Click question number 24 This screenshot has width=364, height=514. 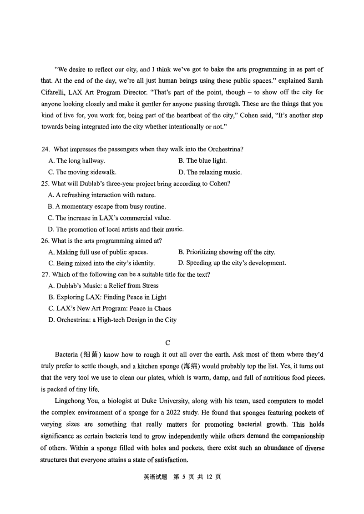click(45, 149)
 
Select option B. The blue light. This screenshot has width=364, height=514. click(202, 160)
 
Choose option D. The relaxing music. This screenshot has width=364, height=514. click(210, 172)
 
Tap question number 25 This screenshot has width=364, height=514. click(45, 184)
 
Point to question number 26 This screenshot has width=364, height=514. click(45, 240)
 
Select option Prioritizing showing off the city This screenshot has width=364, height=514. click(227, 252)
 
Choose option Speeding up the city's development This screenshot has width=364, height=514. click(232, 263)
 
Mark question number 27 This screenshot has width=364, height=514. click(45, 274)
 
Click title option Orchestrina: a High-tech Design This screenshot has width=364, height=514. click(112, 320)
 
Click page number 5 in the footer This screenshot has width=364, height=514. click(181, 477)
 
